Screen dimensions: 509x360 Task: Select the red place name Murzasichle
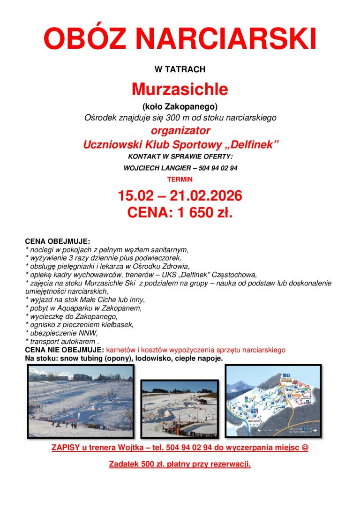click(180, 89)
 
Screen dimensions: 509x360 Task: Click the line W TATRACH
click(180, 69)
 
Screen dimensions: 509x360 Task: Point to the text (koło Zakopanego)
click(180, 107)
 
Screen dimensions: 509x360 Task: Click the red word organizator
click(180, 130)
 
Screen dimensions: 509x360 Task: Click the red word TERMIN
click(180, 179)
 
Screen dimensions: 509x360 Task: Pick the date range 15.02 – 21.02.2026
click(180, 195)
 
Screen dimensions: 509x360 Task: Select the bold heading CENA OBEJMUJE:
click(57, 241)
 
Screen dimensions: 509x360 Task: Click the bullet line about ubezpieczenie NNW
click(61, 333)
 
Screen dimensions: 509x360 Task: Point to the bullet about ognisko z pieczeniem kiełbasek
click(80, 325)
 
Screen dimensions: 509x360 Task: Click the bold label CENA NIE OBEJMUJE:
click(64, 350)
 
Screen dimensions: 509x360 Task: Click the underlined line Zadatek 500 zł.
click(180, 464)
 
